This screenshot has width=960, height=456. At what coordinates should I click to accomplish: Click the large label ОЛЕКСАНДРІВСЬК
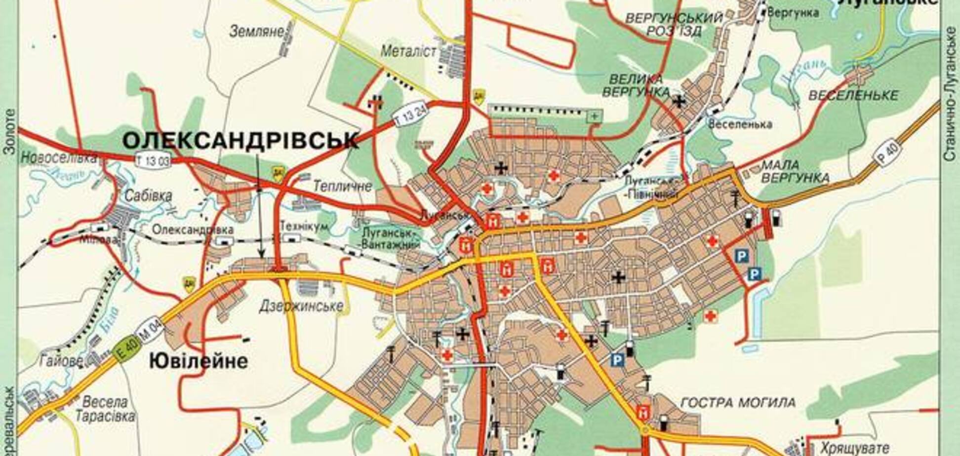click(240, 141)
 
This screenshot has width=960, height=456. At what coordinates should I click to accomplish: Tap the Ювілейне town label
click(199, 362)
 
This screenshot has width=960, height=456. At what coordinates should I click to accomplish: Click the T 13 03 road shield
click(153, 160)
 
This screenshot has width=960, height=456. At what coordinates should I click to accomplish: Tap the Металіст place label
click(409, 51)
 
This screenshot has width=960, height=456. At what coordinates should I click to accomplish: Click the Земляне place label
click(257, 32)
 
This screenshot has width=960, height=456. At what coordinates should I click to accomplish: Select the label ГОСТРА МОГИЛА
click(738, 403)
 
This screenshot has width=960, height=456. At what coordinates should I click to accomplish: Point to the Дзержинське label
click(301, 306)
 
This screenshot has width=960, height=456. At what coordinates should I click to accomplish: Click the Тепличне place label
click(342, 186)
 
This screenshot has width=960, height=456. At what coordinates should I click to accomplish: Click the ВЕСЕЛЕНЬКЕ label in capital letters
click(853, 95)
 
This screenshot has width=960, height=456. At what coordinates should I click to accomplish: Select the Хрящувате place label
click(854, 448)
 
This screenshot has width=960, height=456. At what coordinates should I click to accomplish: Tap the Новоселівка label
click(58, 158)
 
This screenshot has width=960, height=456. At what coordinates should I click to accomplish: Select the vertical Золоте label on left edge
click(9, 132)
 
